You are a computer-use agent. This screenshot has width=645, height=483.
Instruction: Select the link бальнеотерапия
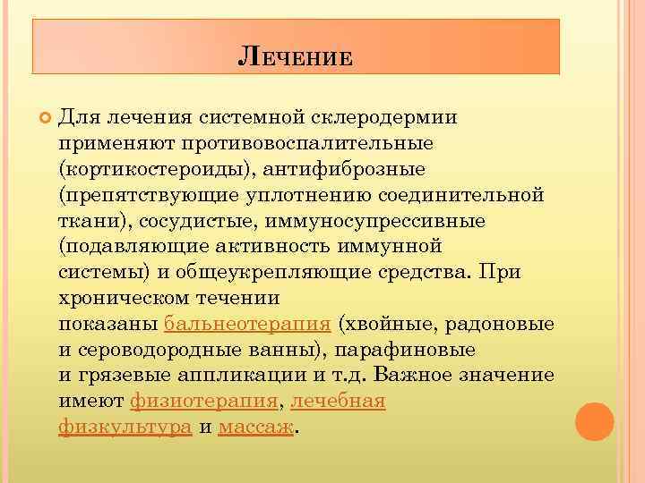pyautogui.click(x=248, y=323)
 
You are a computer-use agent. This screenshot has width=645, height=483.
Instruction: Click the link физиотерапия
pyautogui.click(x=205, y=401)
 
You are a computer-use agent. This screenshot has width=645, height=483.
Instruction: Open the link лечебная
pyautogui.click(x=339, y=401)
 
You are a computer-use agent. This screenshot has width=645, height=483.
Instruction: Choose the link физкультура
pyautogui.click(x=125, y=427)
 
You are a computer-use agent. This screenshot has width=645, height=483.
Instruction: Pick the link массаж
pyautogui.click(x=255, y=427)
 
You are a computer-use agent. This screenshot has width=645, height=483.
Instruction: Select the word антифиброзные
pyautogui.click(x=341, y=168)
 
